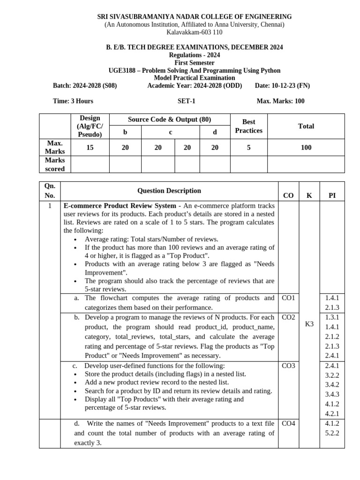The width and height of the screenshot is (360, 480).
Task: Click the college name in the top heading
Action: (x=194, y=16)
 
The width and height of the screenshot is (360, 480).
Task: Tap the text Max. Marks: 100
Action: (x=280, y=101)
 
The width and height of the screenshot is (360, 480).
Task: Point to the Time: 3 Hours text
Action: (x=73, y=101)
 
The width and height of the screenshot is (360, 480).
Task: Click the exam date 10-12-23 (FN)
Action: (x=282, y=86)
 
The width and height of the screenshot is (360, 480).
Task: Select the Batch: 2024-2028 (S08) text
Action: (x=85, y=86)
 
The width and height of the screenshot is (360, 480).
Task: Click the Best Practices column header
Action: (x=248, y=126)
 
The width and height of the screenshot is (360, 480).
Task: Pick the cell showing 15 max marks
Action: (x=90, y=148)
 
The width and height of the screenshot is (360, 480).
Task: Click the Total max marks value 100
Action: (x=306, y=148)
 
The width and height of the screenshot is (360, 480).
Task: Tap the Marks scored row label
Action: (x=55, y=165)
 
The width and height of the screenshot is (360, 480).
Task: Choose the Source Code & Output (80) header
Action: (x=169, y=120)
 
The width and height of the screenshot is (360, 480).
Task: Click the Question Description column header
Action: (x=169, y=191)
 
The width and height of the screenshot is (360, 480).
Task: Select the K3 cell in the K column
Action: (x=309, y=324)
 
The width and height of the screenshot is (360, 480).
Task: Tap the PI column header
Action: (x=332, y=195)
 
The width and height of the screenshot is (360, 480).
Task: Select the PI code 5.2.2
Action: (x=332, y=433)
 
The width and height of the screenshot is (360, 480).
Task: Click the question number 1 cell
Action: (x=50, y=206)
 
